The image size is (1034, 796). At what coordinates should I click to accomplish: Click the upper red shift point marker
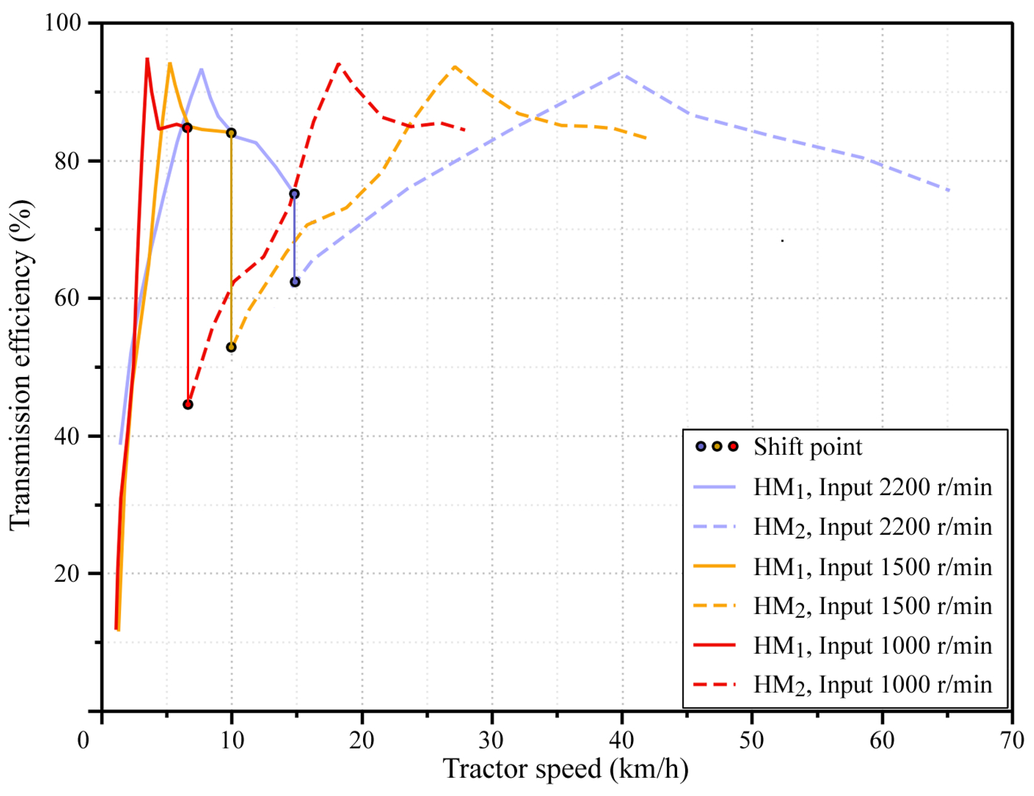[188, 128]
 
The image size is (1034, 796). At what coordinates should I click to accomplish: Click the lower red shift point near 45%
[188, 404]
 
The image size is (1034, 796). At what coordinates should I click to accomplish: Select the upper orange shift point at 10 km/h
[231, 133]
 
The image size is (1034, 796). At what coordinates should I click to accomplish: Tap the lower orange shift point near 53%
[231, 347]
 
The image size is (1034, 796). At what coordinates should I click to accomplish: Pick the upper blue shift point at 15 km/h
[294, 194]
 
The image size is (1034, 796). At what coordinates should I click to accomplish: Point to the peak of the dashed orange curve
[455, 66]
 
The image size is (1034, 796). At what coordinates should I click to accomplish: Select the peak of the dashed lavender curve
[621, 73]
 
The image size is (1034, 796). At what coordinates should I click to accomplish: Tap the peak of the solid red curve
[147, 59]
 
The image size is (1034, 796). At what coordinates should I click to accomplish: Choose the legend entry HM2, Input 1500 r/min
[872, 606]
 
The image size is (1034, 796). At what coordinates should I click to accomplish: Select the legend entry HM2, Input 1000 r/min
[872, 685]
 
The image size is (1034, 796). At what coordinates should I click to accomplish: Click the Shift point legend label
[808, 447]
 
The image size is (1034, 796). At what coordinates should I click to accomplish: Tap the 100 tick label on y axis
[62, 23]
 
